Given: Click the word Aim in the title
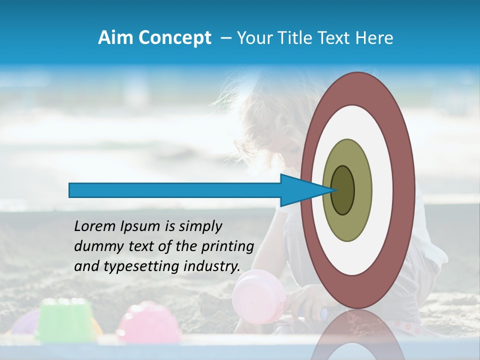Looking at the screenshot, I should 115,38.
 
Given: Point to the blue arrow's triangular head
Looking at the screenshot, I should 300,190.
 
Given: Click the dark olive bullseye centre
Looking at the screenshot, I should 343,190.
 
